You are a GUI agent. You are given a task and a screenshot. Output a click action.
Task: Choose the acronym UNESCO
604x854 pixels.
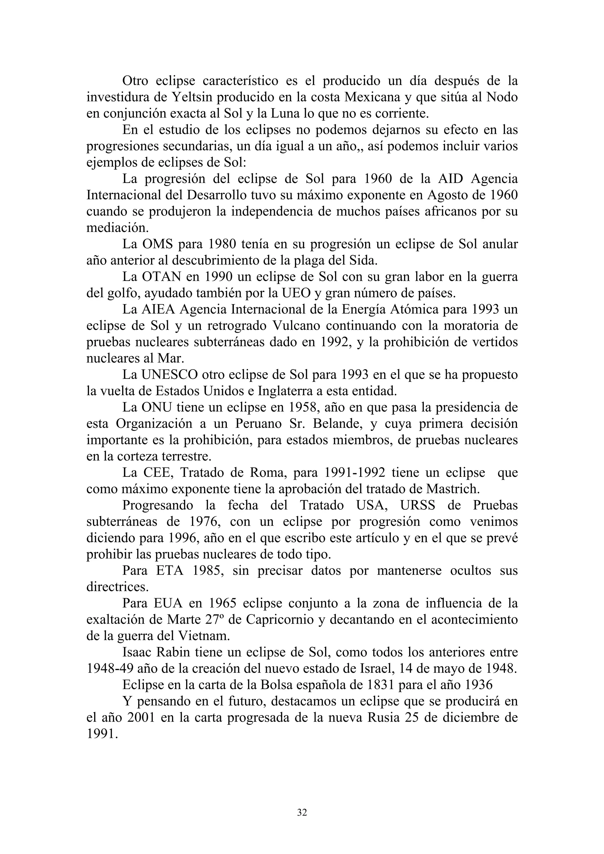coord(170,375)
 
